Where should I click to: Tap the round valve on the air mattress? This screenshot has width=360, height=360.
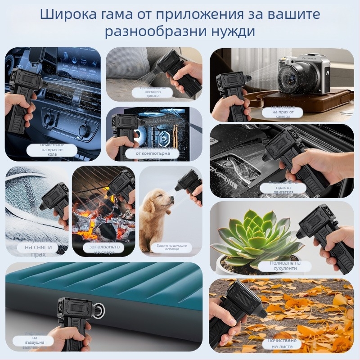(99, 310)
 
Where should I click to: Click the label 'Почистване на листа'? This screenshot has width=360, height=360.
(283, 343)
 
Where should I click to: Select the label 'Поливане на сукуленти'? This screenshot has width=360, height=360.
(284, 265)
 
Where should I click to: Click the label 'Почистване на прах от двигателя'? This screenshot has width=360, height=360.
(283, 187)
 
